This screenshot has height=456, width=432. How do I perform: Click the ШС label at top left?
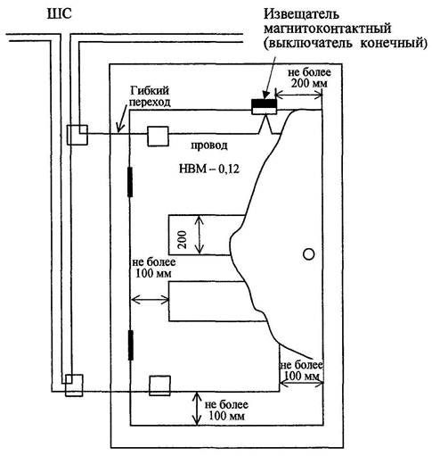pyautogui.click(x=60, y=14)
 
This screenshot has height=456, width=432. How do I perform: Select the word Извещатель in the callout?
pyautogui.click(x=301, y=13)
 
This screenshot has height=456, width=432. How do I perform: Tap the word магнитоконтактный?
pyautogui.click(x=328, y=29)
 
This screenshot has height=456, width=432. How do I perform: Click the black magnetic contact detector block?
pyautogui.click(x=264, y=104)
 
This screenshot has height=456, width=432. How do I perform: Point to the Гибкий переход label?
pyautogui.click(x=151, y=96)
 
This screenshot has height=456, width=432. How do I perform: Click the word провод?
pyautogui.click(x=209, y=145)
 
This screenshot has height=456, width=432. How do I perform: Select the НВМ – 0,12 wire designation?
pyautogui.click(x=209, y=170)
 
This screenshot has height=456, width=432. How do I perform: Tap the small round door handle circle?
pyautogui.click(x=309, y=254)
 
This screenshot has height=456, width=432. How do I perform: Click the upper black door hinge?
pyautogui.click(x=130, y=182)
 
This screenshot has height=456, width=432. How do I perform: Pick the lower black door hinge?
pyautogui.click(x=130, y=345)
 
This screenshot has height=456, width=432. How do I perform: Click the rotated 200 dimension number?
pyautogui.click(x=182, y=239)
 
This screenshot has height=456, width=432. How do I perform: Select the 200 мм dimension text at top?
pyautogui.click(x=309, y=83)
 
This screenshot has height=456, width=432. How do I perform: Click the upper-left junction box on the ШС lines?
pyautogui.click(x=77, y=135)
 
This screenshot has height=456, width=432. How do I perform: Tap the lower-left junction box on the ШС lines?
pyautogui.click(x=74, y=386)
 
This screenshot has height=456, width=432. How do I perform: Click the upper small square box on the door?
pyautogui.click(x=159, y=137)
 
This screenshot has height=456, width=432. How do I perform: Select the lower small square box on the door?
pyautogui.click(x=159, y=386)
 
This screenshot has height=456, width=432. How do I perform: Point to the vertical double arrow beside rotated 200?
pyautogui.click(x=200, y=235)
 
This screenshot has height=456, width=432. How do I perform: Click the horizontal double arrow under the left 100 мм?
pyautogui.click(x=150, y=299)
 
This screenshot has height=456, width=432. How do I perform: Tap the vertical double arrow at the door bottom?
pyautogui.click(x=197, y=409)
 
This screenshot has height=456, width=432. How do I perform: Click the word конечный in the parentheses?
pyautogui.click(x=394, y=44)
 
